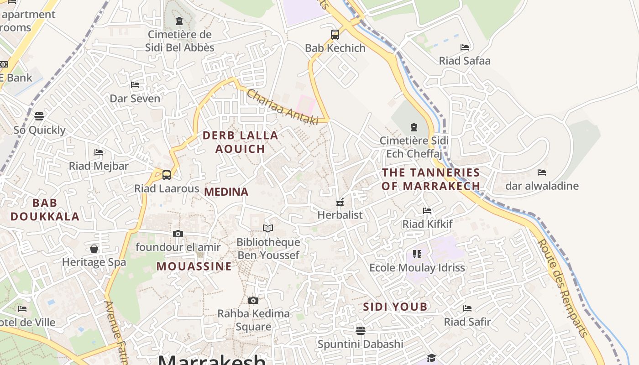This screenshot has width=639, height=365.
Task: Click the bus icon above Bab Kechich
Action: click(335, 34)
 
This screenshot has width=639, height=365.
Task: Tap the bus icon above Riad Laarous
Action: click(167, 175)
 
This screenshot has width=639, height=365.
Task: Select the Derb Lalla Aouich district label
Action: click(240, 142)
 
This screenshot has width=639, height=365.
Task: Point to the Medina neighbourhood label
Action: click(226, 192)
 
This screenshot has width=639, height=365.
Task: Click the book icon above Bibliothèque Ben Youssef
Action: click(268, 228)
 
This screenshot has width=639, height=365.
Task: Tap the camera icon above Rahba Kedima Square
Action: click(253, 300)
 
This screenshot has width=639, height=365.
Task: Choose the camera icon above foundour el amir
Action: click(178, 234)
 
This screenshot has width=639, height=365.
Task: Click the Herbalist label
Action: click(340, 215)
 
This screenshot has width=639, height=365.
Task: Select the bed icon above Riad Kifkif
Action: click(427, 210)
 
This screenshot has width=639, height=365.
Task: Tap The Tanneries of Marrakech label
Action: click(431, 179)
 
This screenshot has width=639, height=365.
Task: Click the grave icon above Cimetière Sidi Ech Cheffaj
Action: click(414, 127)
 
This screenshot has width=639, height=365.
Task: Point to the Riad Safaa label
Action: click(465, 61)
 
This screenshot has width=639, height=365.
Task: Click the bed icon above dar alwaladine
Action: click(542, 172)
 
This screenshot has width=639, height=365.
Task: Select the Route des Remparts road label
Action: click(563, 288)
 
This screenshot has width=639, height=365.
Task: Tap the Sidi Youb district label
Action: click(395, 307)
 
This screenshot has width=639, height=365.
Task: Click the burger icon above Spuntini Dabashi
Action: click(361, 330)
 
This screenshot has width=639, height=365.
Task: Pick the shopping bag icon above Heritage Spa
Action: click(94, 249)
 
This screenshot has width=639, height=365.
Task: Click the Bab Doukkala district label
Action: click(45, 209)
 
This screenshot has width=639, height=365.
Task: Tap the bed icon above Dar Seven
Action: click(135, 85)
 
